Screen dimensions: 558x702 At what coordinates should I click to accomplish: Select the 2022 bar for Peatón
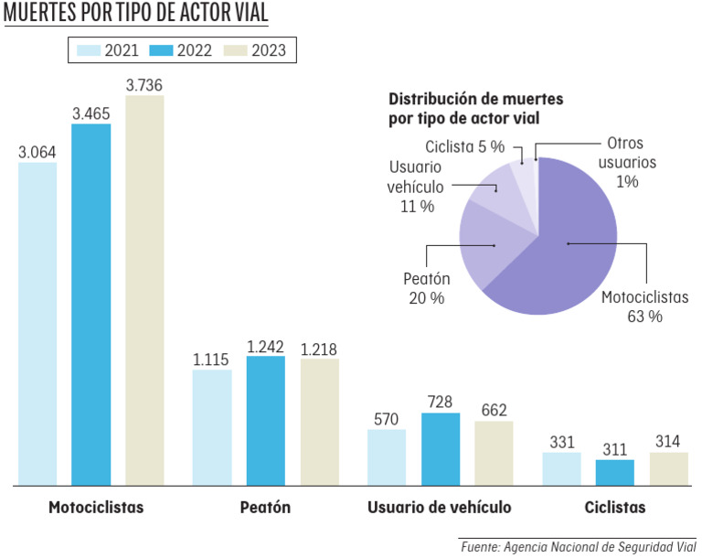point(265,420)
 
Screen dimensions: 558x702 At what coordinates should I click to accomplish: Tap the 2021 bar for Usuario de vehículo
point(387,456)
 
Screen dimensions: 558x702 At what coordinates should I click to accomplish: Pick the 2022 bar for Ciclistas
point(614,472)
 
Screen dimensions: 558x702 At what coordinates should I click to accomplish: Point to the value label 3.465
point(90,113)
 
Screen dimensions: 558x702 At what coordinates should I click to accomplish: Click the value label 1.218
point(319,349)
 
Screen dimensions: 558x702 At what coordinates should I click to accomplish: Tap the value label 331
point(561,442)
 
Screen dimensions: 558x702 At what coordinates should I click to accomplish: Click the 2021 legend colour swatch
point(88,50)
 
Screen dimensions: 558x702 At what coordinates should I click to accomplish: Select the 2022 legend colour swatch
point(161,50)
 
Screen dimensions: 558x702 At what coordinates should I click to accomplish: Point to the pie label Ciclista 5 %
point(464,146)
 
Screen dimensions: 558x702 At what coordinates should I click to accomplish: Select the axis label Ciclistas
point(614,508)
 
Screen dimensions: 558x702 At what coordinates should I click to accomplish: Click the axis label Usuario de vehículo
point(439,508)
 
